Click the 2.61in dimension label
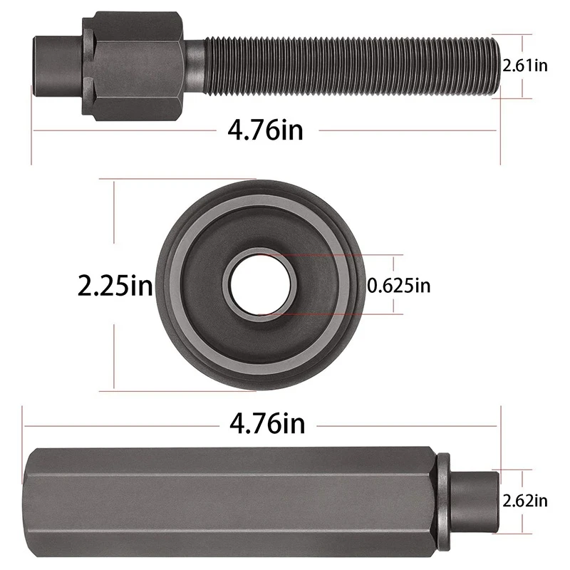coord(525,66)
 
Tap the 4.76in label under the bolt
coord(265,130)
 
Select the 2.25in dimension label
coord(115,286)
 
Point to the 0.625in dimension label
coord(399,286)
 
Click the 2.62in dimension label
coord(525,501)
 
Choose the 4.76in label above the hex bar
coord(267,423)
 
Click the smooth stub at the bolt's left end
coord(58,66)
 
